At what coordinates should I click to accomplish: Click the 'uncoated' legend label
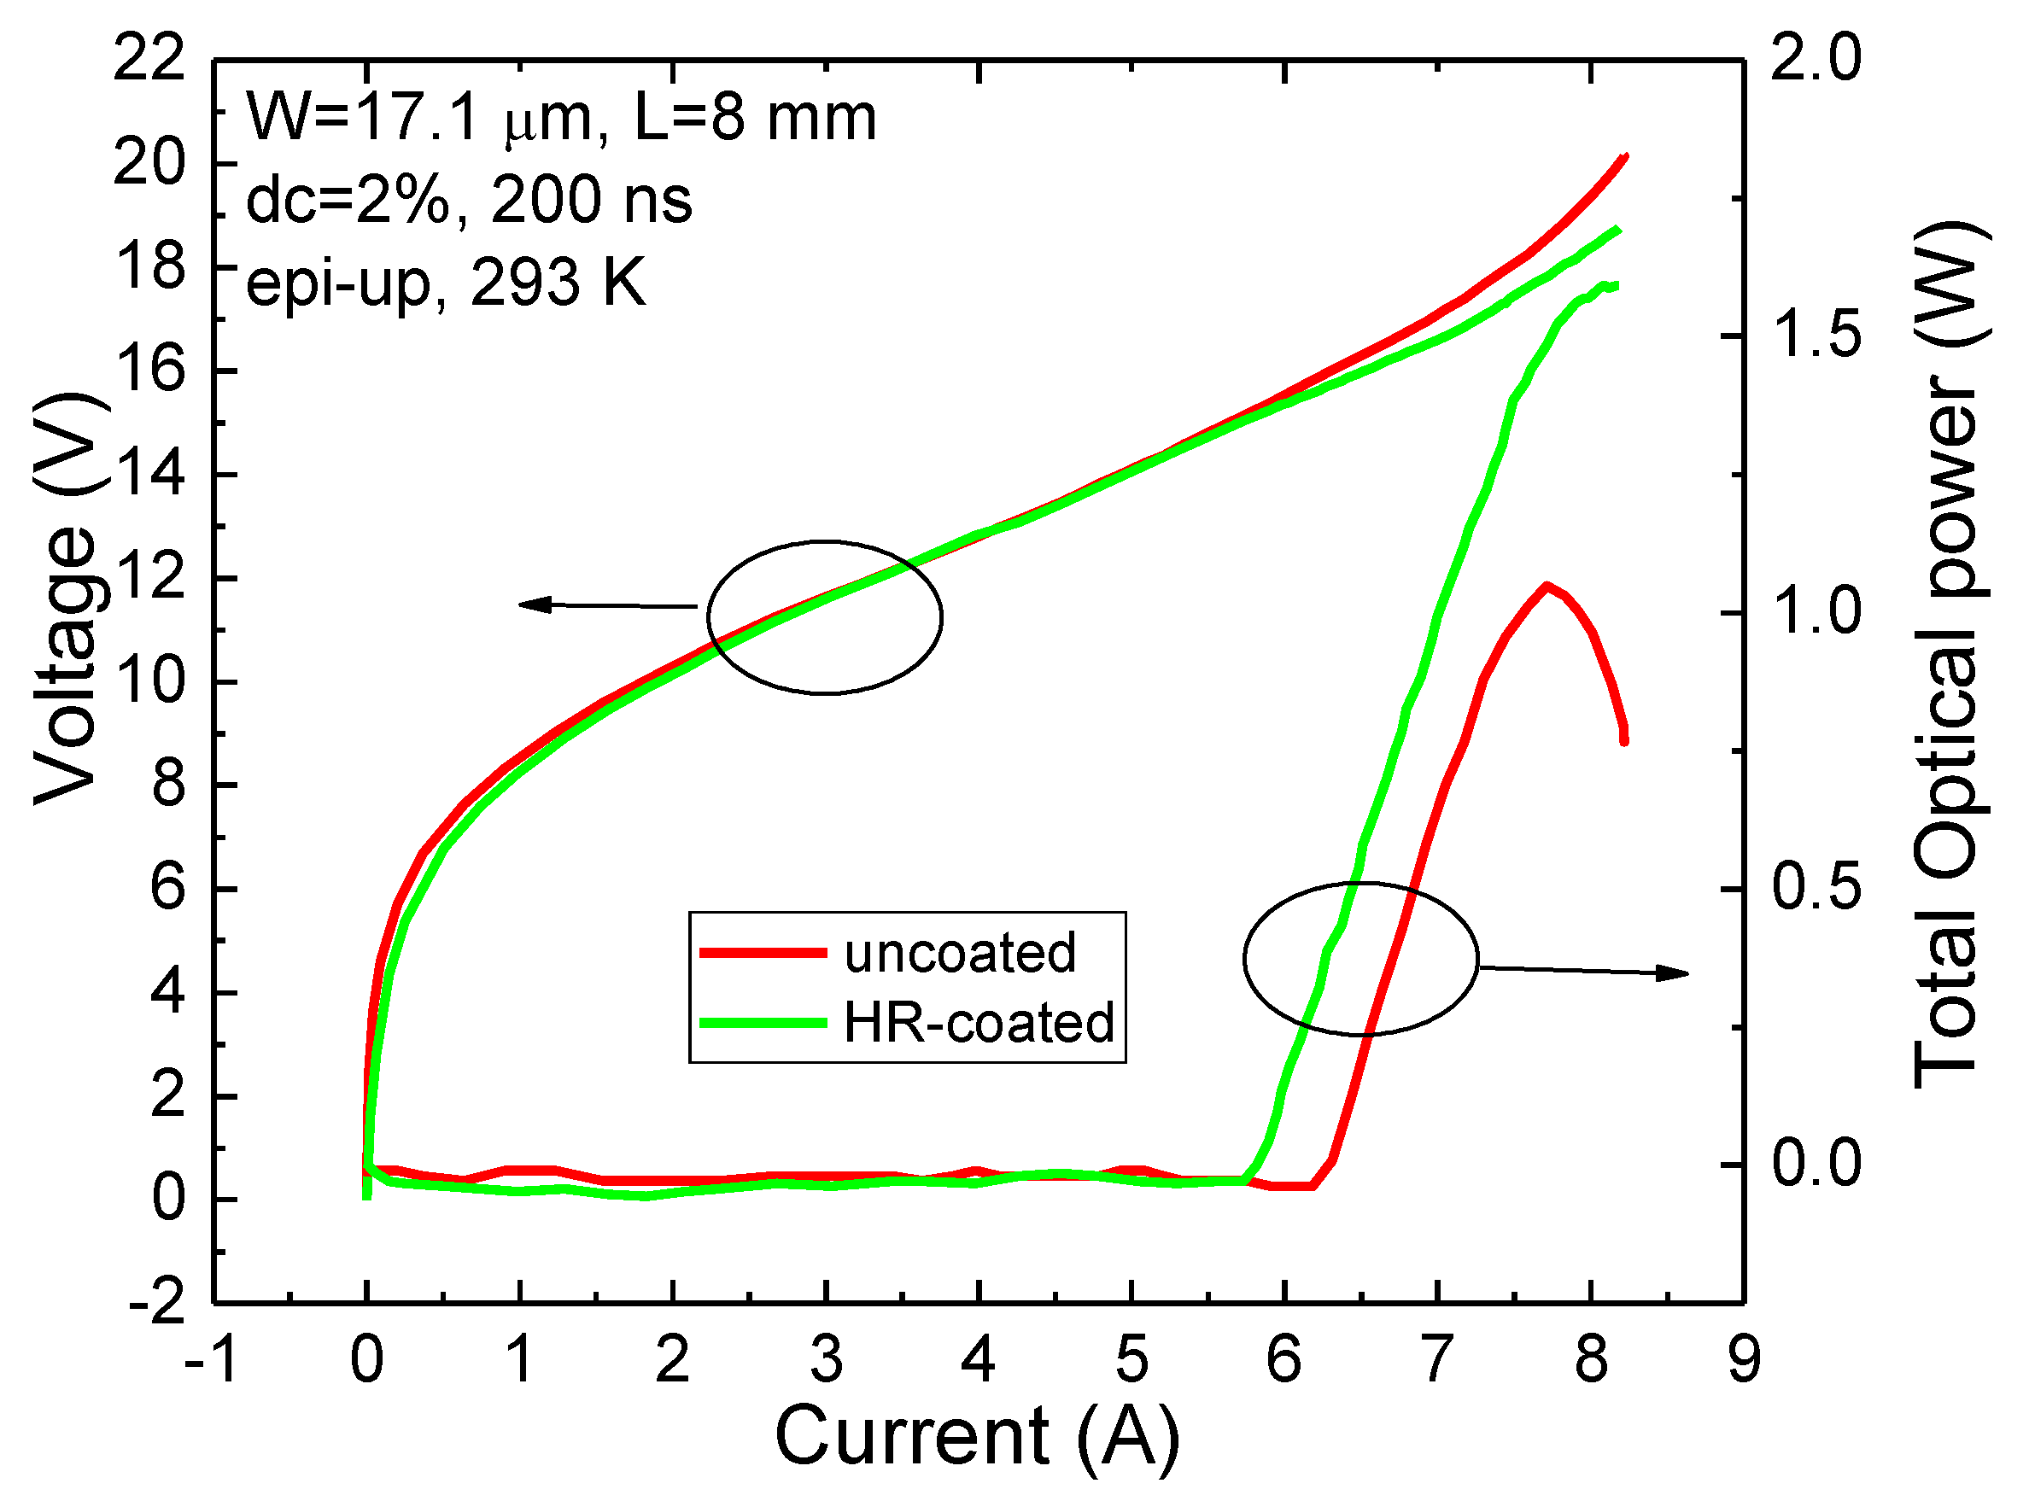point(959,953)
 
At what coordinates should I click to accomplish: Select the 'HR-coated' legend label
point(979,1023)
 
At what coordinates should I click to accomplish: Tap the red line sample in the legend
point(763,952)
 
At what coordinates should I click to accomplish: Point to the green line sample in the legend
point(763,1023)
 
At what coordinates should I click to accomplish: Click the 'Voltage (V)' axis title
point(65,598)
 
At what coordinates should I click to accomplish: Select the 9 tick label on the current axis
point(1744,1359)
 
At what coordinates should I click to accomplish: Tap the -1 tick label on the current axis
point(212,1359)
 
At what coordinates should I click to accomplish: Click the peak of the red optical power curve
point(1547,586)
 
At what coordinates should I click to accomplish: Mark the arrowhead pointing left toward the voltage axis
point(535,604)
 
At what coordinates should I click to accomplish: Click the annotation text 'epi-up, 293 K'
point(446,283)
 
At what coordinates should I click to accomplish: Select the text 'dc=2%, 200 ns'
point(469,200)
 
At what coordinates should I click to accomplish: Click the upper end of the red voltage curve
point(1625,156)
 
